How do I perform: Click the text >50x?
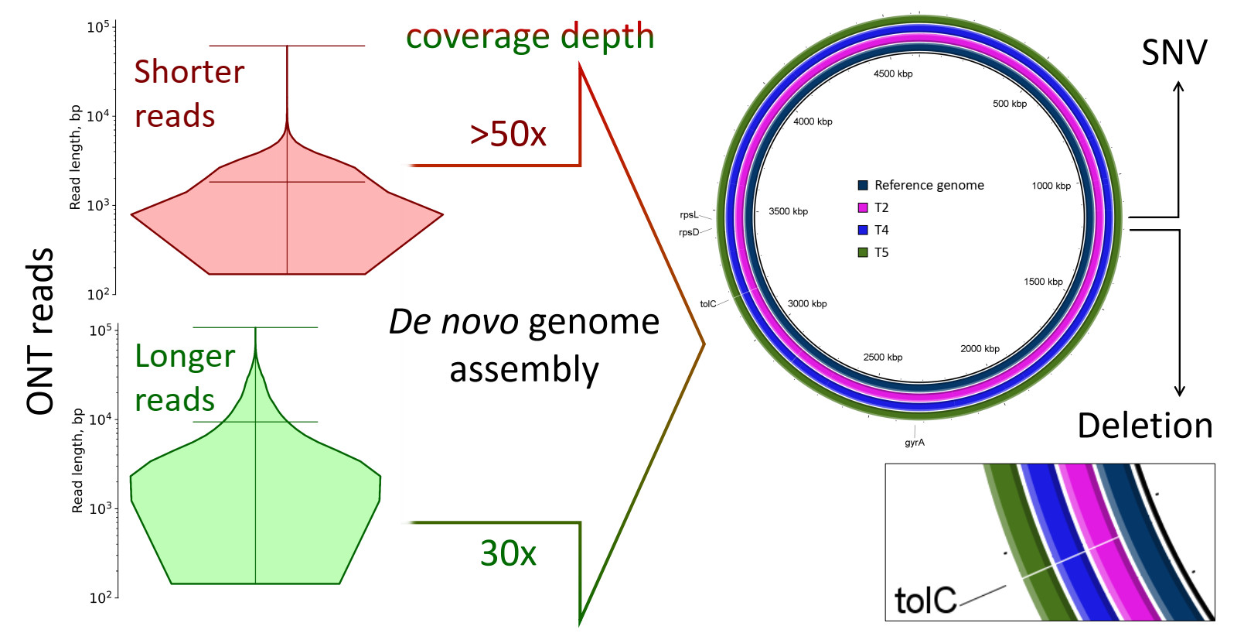click(x=508, y=134)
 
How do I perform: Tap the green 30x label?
click(x=508, y=553)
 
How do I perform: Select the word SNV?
click(x=1174, y=53)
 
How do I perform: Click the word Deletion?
click(x=1144, y=426)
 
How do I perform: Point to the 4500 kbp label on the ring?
click(x=893, y=74)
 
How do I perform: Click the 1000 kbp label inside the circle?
click(x=1051, y=186)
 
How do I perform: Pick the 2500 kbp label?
click(x=882, y=358)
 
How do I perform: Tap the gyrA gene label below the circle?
click(x=915, y=443)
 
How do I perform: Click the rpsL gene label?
click(x=689, y=215)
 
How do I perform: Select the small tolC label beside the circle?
click(x=707, y=304)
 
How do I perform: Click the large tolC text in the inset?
click(x=925, y=600)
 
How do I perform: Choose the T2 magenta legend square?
click(x=863, y=207)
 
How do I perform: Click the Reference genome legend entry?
click(x=929, y=185)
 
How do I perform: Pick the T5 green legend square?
click(x=863, y=252)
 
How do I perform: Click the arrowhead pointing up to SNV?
click(x=1178, y=87)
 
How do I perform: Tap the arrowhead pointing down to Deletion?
click(x=1180, y=392)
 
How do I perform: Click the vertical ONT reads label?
click(x=40, y=331)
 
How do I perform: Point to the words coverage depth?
click(x=530, y=36)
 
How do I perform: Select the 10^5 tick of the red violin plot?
click(x=98, y=27)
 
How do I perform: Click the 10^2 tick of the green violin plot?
click(x=101, y=597)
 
